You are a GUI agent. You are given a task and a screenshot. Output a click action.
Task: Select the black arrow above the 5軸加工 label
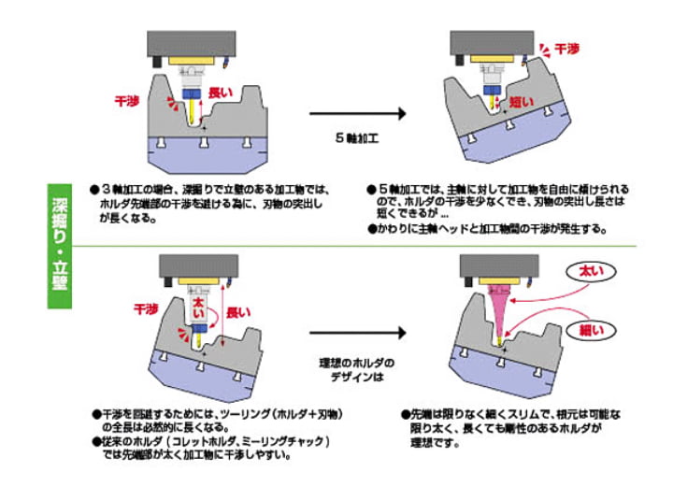point(359,113)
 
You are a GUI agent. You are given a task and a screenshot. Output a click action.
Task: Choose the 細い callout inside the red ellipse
point(594,329)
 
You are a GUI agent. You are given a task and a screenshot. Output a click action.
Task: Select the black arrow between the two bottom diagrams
point(359,333)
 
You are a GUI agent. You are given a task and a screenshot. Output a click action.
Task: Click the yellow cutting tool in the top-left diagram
point(193,114)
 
